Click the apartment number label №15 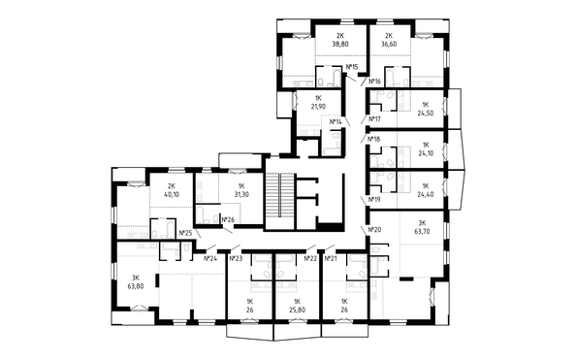pos(352,67)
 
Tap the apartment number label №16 pos(374,81)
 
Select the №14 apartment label pos(336,121)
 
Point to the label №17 pos(374,119)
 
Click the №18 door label pos(374,139)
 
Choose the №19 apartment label pos(374,199)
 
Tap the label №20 pos(374,229)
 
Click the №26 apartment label pos(229,220)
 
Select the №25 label pos(186,233)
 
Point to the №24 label pos(210,258)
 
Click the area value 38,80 pos(340,44)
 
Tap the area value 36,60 pos(389,44)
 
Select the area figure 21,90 pos(318,107)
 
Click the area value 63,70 pos(422,232)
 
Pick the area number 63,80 pos(136,286)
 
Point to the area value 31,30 pos(241,194)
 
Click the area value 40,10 pos(172,194)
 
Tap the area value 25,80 pos(297,310)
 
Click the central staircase pos(280,201)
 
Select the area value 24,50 pos(426,114)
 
